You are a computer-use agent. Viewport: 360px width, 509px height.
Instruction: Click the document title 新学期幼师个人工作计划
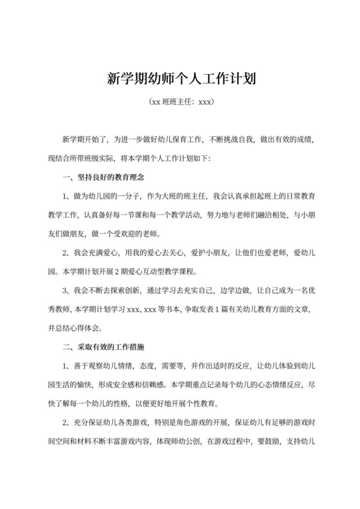pyautogui.click(x=180, y=80)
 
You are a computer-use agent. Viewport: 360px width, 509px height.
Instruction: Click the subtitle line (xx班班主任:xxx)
pyautogui.click(x=180, y=102)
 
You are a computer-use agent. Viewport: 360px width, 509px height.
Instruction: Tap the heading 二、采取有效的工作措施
pyautogui.click(x=102, y=346)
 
